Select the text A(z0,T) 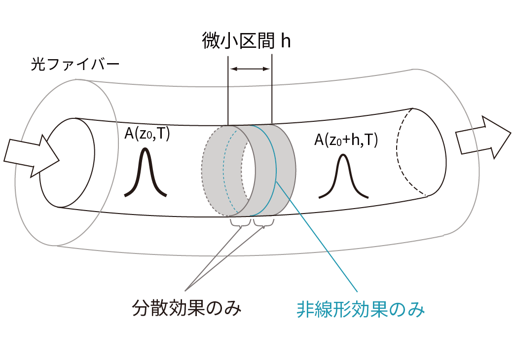147,134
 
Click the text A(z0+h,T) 346,141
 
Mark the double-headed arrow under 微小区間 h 250,69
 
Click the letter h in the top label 286,40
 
